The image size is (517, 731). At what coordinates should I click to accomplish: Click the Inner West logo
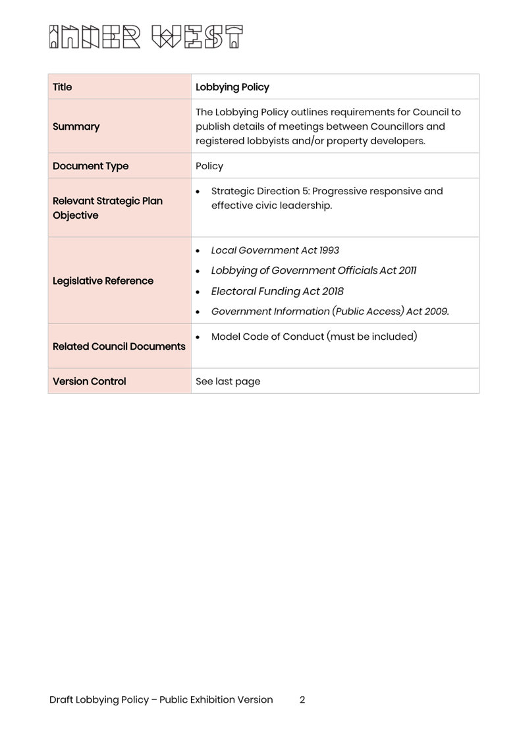146,37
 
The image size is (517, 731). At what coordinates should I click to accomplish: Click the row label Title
63,87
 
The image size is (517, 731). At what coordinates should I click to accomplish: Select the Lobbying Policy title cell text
232,87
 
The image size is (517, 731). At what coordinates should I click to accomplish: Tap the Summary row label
76,126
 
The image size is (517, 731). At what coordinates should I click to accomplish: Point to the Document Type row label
91,166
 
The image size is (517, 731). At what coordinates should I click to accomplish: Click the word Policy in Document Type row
209,166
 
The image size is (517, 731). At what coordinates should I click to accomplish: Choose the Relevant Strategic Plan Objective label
107,208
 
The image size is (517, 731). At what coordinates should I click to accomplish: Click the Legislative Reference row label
103,281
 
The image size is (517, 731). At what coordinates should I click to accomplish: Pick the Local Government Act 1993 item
275,250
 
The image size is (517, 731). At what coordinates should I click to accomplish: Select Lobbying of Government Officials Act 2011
313,271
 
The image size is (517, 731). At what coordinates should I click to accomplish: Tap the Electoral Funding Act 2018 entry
277,291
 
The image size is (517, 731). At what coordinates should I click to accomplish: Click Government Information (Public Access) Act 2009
330,311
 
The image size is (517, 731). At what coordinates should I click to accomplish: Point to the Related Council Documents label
119,346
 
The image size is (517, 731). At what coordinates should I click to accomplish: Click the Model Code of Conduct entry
313,337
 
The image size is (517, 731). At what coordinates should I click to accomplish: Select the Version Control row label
90,381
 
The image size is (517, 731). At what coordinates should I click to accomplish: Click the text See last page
228,381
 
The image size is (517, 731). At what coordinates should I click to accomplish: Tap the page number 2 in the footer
302,699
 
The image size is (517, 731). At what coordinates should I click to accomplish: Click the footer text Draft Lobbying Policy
99,699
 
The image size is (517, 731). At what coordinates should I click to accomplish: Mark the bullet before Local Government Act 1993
198,251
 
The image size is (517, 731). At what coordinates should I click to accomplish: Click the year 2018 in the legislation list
333,291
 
